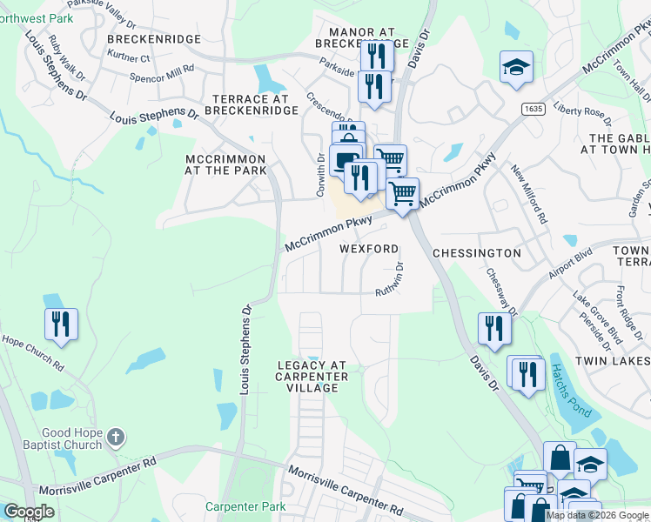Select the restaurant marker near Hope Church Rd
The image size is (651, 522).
point(61,325)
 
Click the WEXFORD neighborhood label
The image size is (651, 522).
point(368,249)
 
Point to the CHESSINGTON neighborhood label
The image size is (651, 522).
point(477,253)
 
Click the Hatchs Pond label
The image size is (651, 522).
point(569,388)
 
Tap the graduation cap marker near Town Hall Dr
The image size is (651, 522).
point(516,67)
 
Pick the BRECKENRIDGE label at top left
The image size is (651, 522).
point(154,39)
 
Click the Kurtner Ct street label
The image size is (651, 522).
point(129,58)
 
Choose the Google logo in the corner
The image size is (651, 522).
point(29,512)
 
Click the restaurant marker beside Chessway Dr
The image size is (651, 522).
point(493,329)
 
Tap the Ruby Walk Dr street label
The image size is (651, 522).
point(68,57)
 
